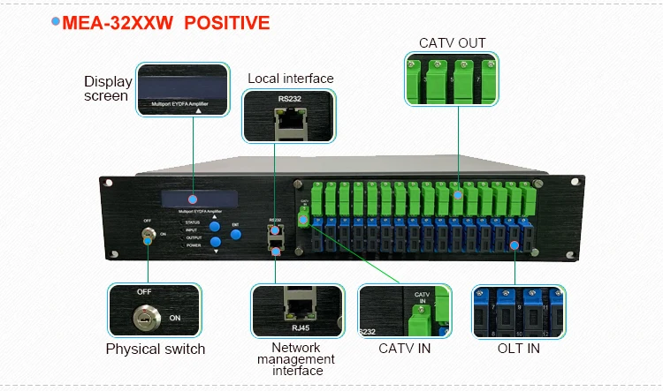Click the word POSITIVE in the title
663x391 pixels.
227,22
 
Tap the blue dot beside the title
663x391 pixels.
56,20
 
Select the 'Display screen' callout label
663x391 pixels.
107,88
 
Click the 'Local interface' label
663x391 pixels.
290,79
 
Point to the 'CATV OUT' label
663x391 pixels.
452,43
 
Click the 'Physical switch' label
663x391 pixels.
156,349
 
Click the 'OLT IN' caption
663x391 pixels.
518,349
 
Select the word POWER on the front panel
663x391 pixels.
194,244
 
